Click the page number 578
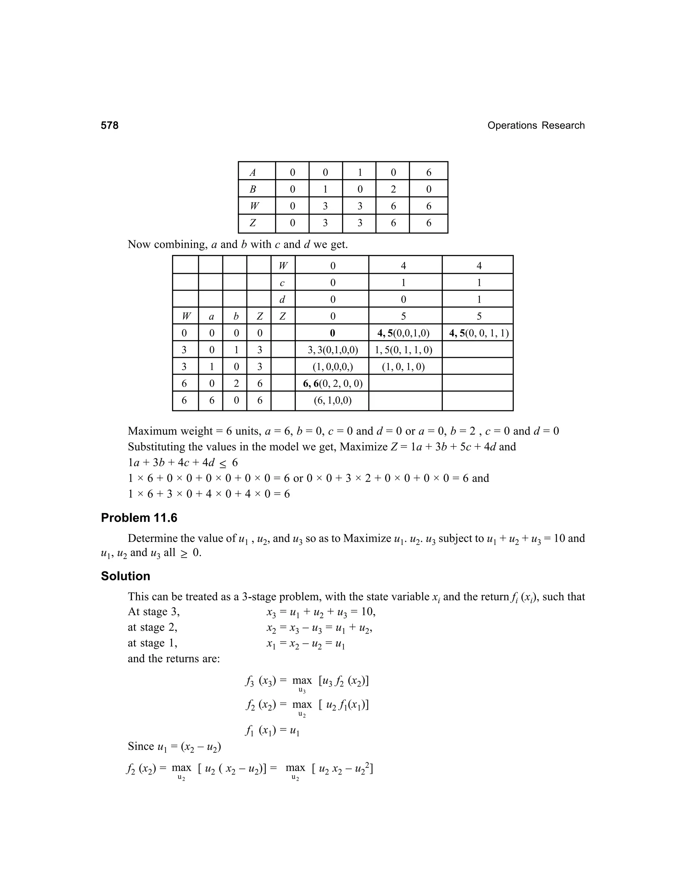tap(110, 126)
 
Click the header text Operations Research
tap(536, 126)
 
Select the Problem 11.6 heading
tap(139, 518)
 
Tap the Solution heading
tap(126, 576)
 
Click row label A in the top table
tap(253, 173)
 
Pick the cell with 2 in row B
tap(393, 189)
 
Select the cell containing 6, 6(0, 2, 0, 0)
tap(332, 383)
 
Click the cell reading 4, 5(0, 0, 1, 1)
tap(478, 333)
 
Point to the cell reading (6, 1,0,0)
tap(332, 400)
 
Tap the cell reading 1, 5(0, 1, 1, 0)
tap(403, 350)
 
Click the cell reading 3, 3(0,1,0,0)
tap(332, 350)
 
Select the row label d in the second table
tap(282, 299)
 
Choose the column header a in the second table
tap(211, 316)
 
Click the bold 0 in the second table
tap(332, 333)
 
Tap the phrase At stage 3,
tap(154, 612)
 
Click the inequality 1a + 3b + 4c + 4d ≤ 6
tap(183, 463)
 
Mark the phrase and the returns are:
tap(174, 658)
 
